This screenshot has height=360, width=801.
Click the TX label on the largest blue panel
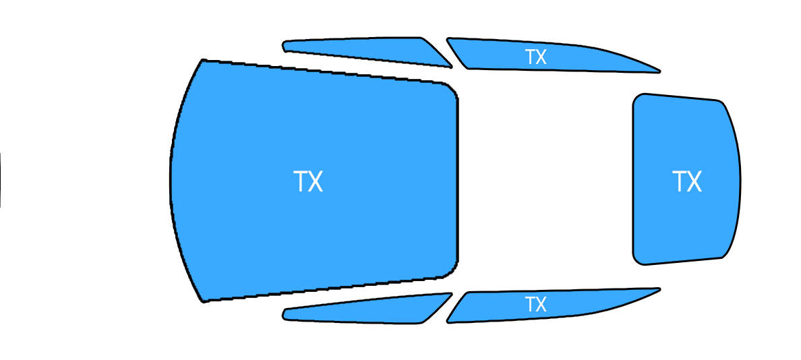click(x=309, y=182)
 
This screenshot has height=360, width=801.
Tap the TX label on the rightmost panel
click(x=687, y=182)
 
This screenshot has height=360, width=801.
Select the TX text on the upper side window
click(x=536, y=57)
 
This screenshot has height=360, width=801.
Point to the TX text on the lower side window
click(x=536, y=304)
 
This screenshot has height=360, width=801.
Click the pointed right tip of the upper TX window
click(x=659, y=72)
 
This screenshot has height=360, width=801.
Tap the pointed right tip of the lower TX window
click(x=659, y=289)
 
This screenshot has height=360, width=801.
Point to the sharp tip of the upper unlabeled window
click(x=452, y=66)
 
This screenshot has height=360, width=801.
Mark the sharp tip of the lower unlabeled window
click(x=452, y=294)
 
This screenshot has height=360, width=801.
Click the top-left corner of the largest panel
click(x=204, y=60)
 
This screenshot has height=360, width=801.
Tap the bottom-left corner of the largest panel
click(x=204, y=301)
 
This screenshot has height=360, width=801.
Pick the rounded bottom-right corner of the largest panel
click(x=452, y=272)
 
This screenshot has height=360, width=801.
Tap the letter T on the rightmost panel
click(x=680, y=182)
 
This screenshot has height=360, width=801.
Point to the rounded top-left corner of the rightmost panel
click(x=637, y=98)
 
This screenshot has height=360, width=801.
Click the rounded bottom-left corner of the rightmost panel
click(x=637, y=260)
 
